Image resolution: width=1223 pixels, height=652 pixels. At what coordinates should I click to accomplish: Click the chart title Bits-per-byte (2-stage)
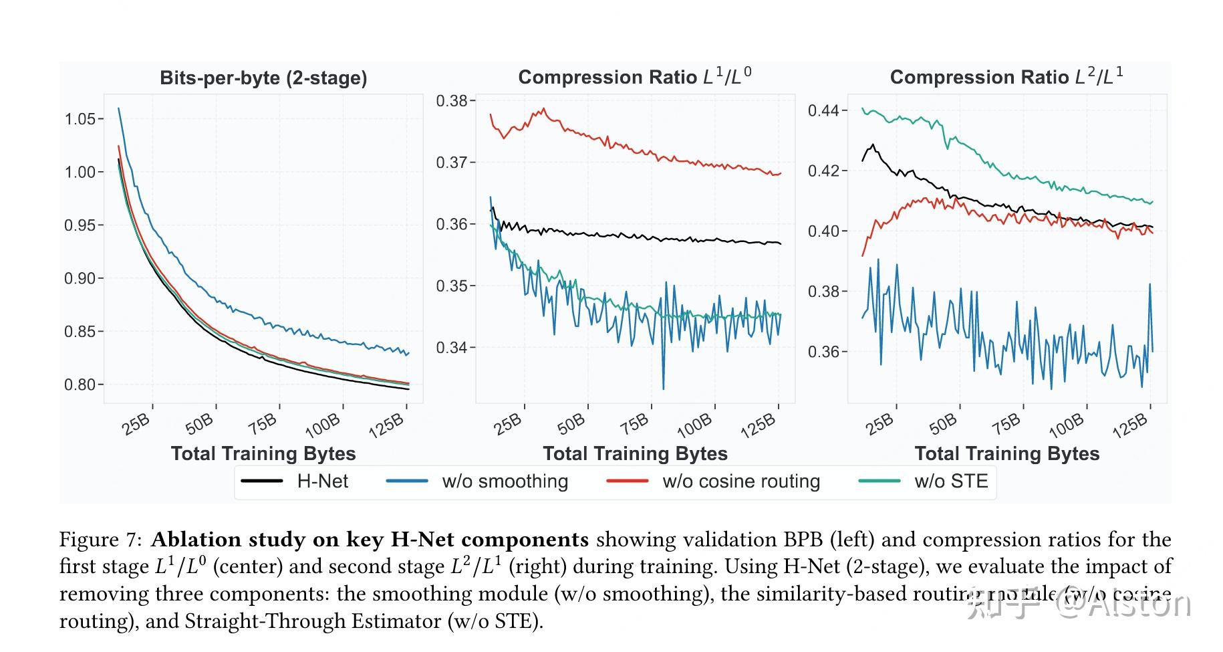tap(263, 78)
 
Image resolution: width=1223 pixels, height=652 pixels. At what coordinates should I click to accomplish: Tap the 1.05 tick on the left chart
tap(80, 119)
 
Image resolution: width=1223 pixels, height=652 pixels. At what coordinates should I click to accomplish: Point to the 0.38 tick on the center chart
tap(452, 101)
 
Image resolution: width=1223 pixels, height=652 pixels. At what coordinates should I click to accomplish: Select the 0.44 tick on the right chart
tap(823, 110)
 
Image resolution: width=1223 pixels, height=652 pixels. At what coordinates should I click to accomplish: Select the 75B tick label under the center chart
tap(634, 423)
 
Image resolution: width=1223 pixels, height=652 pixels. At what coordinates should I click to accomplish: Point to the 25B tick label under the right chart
tap(879, 424)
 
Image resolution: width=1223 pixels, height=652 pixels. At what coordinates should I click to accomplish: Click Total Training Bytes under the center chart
tap(635, 453)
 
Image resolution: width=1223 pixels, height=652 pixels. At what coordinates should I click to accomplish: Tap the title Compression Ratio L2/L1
tap(1006, 77)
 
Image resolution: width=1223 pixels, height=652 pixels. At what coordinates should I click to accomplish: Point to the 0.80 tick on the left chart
tap(80, 385)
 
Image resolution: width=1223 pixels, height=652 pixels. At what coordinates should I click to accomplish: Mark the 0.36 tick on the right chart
tap(823, 352)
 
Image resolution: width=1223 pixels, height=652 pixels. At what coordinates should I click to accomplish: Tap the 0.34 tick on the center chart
tap(452, 348)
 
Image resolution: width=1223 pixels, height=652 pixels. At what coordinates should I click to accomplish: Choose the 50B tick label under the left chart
tap(200, 424)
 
